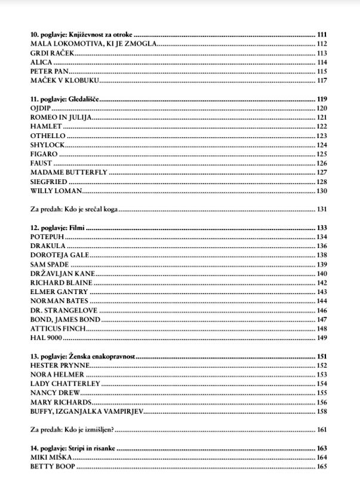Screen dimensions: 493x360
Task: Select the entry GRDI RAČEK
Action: tap(53, 53)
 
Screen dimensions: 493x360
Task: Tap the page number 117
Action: tap(322, 80)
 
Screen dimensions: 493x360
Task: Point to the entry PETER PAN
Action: tap(50, 71)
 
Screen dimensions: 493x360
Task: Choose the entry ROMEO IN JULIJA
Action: tap(61, 117)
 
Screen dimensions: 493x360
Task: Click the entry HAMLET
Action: tap(46, 127)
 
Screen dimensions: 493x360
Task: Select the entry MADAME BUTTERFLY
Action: tap(69, 172)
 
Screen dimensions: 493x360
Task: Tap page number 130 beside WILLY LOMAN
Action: tap(322, 191)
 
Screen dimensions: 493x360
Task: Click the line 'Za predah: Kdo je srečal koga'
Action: tap(74, 210)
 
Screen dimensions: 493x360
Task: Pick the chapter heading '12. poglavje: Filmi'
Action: tap(57, 228)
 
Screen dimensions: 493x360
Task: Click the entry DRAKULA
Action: tap(48, 246)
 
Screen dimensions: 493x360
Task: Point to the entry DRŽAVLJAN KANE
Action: tap(63, 274)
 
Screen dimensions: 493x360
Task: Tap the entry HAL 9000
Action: tap(46, 338)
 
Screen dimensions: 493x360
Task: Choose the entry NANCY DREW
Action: tap(55, 393)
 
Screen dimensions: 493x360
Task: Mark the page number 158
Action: tap(322, 411)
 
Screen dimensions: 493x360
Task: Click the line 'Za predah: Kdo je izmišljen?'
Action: tap(72, 430)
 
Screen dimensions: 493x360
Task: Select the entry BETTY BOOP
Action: tap(53, 466)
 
